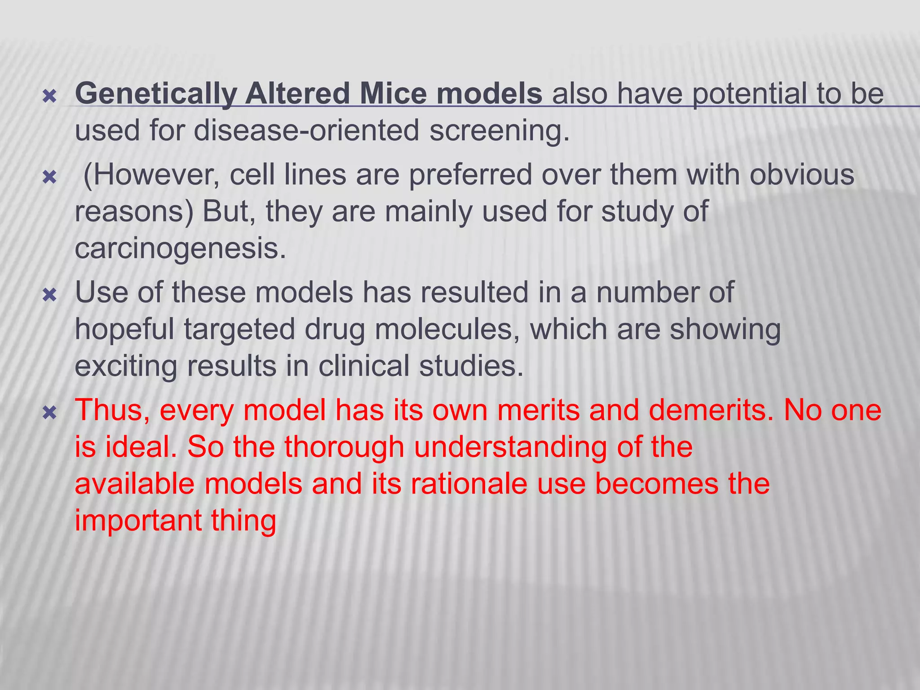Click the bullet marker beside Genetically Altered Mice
49,96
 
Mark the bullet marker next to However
49,177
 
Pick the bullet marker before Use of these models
49,295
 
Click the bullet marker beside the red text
49,413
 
